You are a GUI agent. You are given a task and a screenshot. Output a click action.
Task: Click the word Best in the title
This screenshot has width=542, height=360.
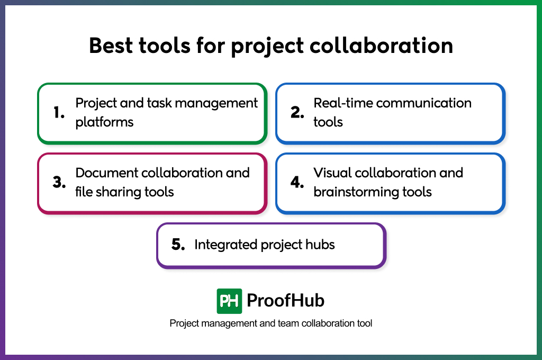(111, 46)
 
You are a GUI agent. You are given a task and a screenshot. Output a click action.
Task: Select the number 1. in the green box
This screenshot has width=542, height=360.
(59, 112)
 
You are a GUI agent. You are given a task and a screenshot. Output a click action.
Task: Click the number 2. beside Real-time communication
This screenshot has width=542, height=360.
(297, 112)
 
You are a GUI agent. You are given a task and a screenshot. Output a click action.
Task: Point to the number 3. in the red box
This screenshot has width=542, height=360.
(59, 182)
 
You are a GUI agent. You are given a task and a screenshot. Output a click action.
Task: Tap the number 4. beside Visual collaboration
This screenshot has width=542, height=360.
(297, 182)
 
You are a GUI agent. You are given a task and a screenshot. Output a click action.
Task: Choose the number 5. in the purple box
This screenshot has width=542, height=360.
(178, 245)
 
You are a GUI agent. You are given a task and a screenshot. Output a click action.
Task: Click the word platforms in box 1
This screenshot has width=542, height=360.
(104, 122)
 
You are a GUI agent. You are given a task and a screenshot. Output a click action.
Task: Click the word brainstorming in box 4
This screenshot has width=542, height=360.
(356, 192)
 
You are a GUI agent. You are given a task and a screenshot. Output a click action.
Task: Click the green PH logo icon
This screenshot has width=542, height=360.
(229, 301)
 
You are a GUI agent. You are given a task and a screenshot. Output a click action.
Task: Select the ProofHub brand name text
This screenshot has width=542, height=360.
(285, 300)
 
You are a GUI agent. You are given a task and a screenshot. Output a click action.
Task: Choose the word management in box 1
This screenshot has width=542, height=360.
(216, 103)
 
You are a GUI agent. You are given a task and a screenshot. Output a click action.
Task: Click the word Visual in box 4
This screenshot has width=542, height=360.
(332, 173)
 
